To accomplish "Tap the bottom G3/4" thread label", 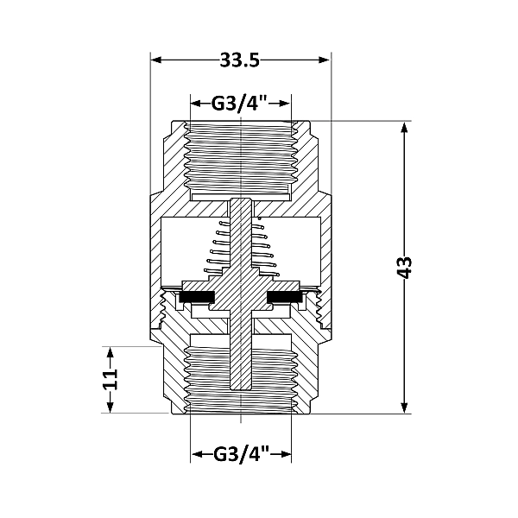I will [240, 452].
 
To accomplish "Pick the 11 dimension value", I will [110, 380].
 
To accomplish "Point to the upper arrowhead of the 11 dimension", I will [110, 352].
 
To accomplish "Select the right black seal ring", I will [284, 298].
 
